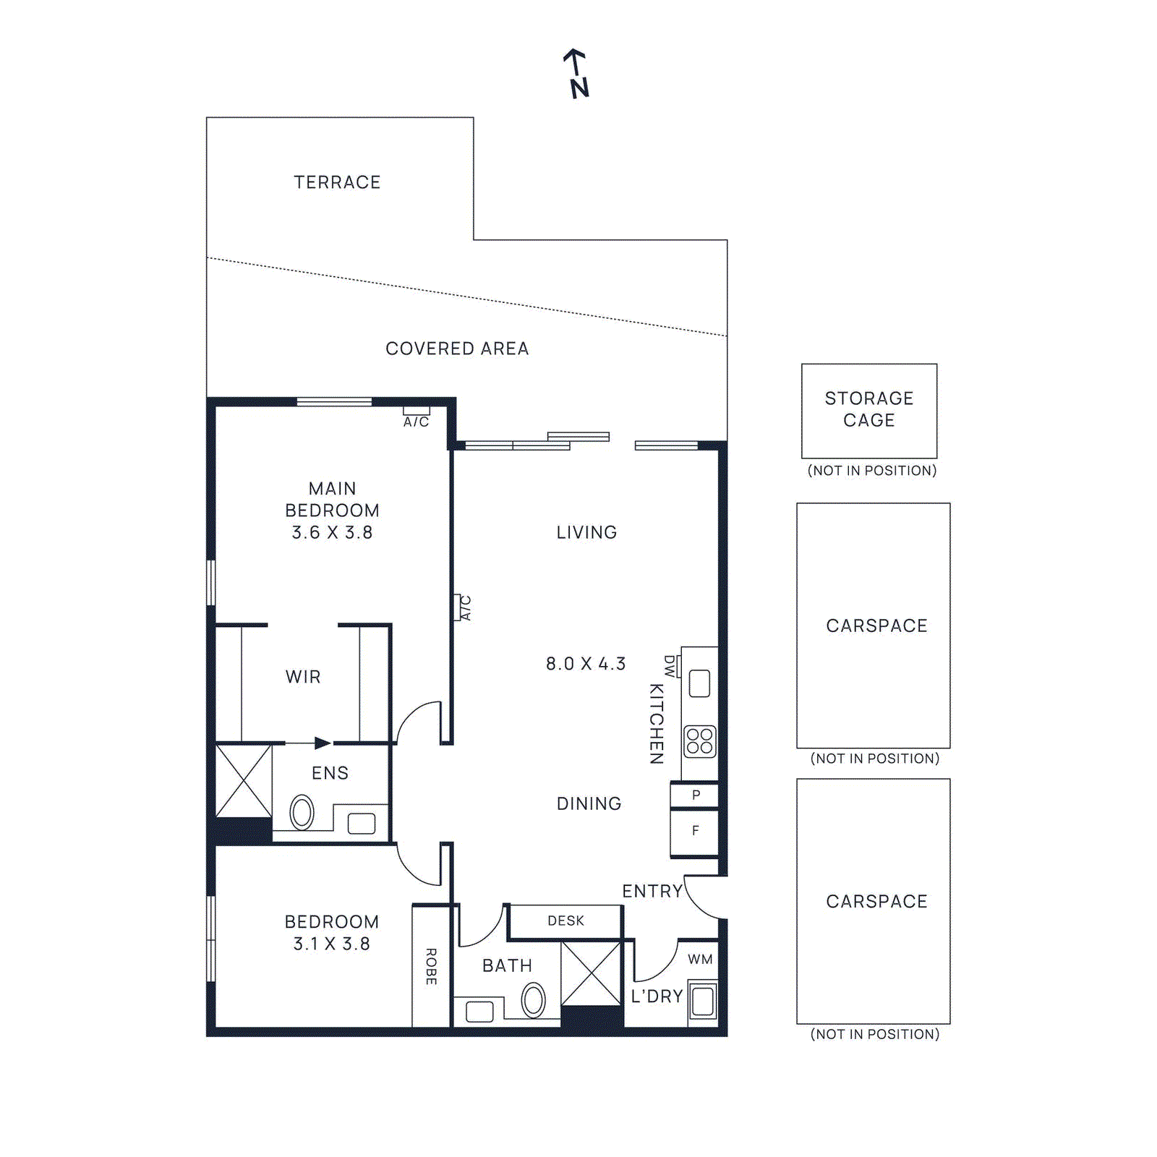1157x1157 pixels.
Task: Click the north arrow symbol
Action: click(576, 72)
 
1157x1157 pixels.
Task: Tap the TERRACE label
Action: click(337, 182)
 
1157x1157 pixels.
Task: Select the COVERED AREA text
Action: click(457, 349)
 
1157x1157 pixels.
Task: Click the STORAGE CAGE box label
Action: click(869, 409)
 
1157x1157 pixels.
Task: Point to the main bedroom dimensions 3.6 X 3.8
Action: click(332, 533)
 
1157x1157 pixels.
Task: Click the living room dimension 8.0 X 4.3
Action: click(586, 664)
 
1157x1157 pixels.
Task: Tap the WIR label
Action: click(303, 677)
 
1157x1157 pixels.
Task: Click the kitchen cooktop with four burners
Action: click(700, 741)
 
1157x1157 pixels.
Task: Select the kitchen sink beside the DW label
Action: click(699, 683)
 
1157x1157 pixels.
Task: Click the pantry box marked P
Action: click(695, 795)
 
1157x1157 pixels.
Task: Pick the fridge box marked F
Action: click(695, 832)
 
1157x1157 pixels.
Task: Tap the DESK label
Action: click(565, 921)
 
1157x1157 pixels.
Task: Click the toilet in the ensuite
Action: click(302, 812)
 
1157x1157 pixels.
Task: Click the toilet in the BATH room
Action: click(534, 1000)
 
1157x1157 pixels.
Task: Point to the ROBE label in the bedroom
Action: click(431, 966)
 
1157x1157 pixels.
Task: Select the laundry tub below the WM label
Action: click(703, 1002)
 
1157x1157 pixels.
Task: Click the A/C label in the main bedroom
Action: click(416, 422)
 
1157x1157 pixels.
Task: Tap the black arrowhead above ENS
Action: click(323, 743)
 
